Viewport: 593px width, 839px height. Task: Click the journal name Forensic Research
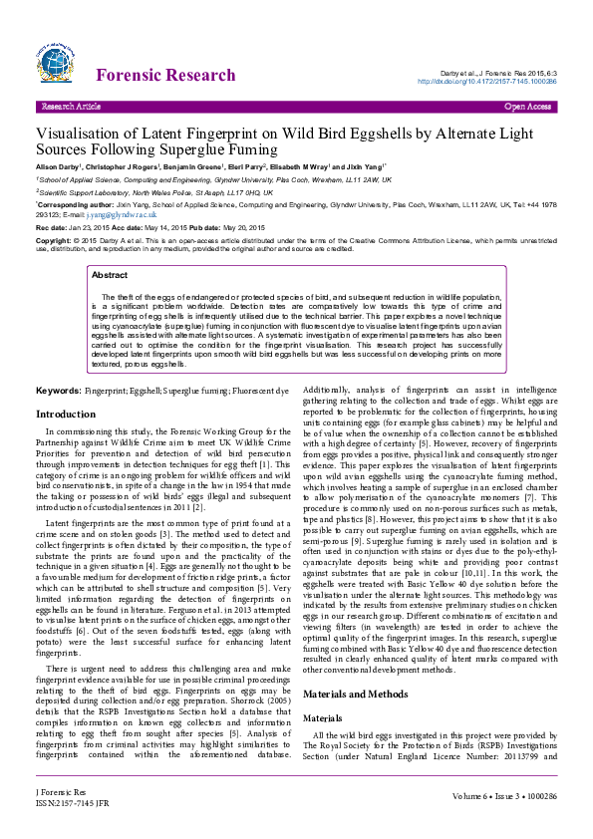tap(165, 76)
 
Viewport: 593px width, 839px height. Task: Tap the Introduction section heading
tap(66, 414)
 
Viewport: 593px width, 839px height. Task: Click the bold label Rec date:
tap(52, 228)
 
